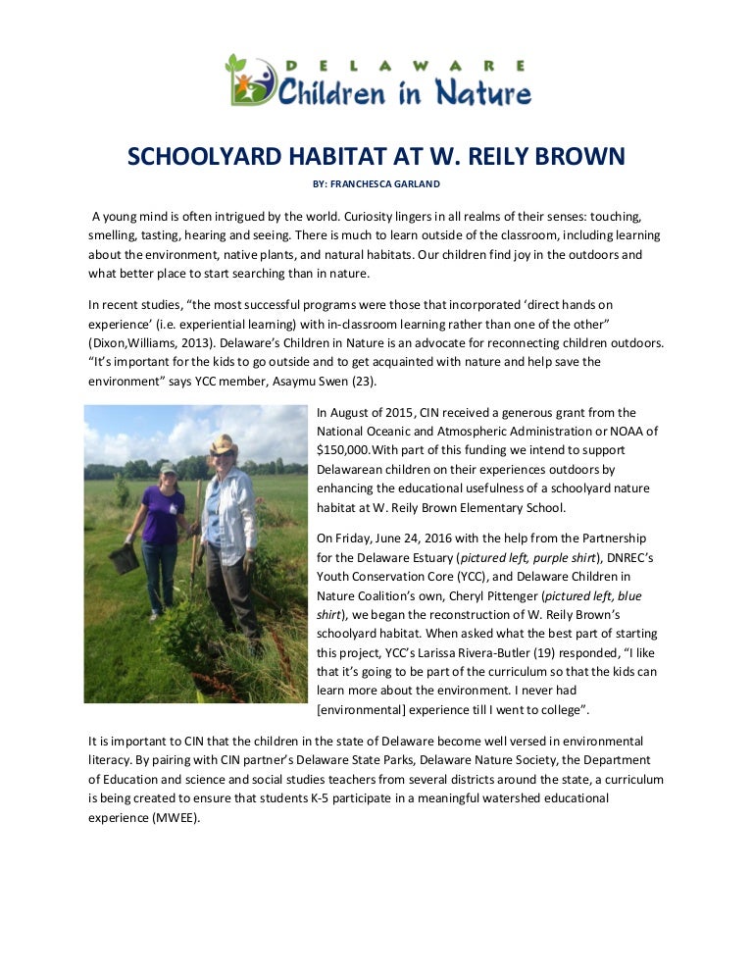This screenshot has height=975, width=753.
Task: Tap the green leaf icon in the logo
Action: coord(236,65)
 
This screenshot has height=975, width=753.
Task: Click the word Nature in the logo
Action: coord(486,93)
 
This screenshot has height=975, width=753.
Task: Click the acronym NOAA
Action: coord(619,432)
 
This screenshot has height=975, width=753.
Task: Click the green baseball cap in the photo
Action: coord(169,469)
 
